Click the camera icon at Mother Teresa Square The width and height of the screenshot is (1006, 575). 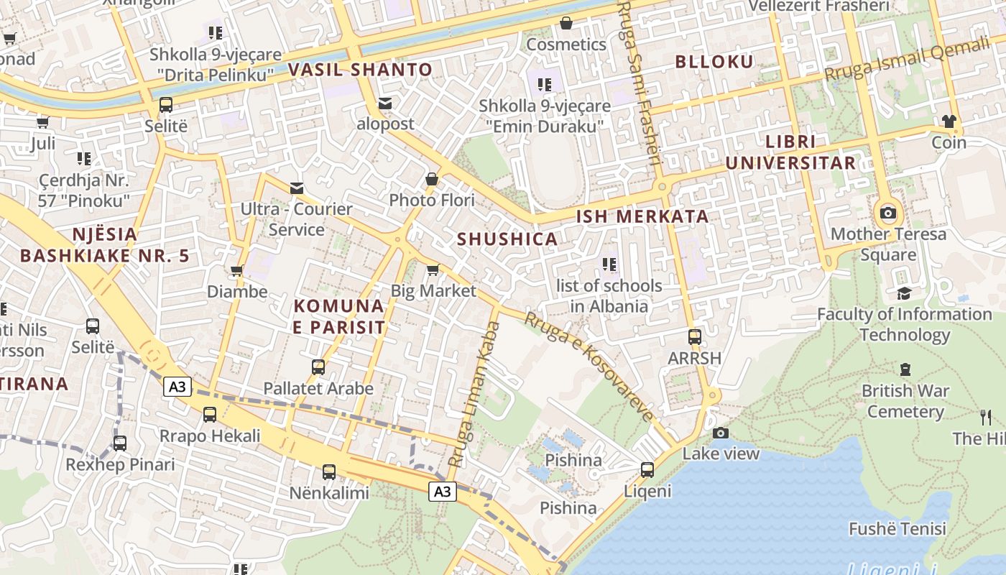pyautogui.click(x=888, y=213)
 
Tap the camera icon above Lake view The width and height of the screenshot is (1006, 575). pyautogui.click(x=720, y=433)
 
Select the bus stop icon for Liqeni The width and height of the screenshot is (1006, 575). pyautogui.click(x=647, y=470)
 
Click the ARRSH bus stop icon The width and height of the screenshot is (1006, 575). pyautogui.click(x=694, y=336)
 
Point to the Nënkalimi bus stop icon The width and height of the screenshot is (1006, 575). pyautogui.click(x=328, y=472)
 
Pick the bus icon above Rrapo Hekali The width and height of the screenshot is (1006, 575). pyautogui.click(x=209, y=415)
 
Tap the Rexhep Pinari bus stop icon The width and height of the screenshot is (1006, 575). pyautogui.click(x=119, y=443)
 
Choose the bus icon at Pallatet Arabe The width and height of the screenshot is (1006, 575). pyautogui.click(x=318, y=367)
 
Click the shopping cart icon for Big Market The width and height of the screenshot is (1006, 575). pyautogui.click(x=433, y=270)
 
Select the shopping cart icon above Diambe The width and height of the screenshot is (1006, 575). pyautogui.click(x=236, y=271)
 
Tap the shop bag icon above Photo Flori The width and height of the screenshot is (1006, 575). pyautogui.click(x=432, y=179)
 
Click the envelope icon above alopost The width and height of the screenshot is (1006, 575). pyautogui.click(x=386, y=103)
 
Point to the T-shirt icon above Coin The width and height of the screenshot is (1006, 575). pyautogui.click(x=949, y=121)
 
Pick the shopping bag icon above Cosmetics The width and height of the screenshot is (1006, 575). pyautogui.click(x=566, y=24)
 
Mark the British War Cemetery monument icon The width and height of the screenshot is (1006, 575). pyautogui.click(x=905, y=370)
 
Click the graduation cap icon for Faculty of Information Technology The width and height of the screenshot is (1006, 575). pyautogui.click(x=904, y=293)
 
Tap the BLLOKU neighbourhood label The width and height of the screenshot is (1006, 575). pyautogui.click(x=714, y=62)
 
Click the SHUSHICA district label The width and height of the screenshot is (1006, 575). pyautogui.click(x=507, y=239)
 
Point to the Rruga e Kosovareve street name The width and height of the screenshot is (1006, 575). pyautogui.click(x=589, y=367)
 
